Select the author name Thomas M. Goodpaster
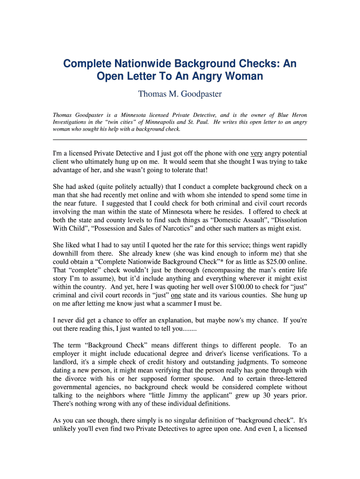click(x=180, y=94)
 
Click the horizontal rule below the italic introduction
click(x=180, y=139)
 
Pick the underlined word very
click(x=256, y=153)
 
